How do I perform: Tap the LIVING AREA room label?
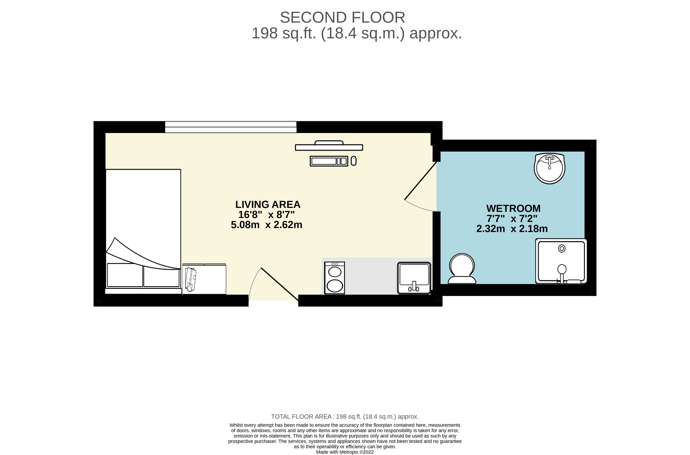pyautogui.click(x=268, y=204)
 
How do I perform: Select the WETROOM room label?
pyautogui.click(x=513, y=208)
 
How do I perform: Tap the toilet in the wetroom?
pyautogui.click(x=462, y=268)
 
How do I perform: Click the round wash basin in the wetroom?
pyautogui.click(x=550, y=168)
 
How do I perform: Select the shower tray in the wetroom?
pyautogui.click(x=561, y=261)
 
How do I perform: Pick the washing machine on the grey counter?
pyautogui.click(x=334, y=278)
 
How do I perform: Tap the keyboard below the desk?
pyautogui.click(x=329, y=161)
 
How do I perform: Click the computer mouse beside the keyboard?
pyautogui.click(x=354, y=161)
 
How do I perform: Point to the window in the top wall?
pyautogui.click(x=231, y=127)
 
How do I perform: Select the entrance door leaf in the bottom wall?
pyautogui.click(x=280, y=284)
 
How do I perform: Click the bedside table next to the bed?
pyautogui.click(x=204, y=279)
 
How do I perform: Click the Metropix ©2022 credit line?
pyautogui.click(x=345, y=452)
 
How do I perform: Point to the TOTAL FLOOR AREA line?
pyautogui.click(x=345, y=417)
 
